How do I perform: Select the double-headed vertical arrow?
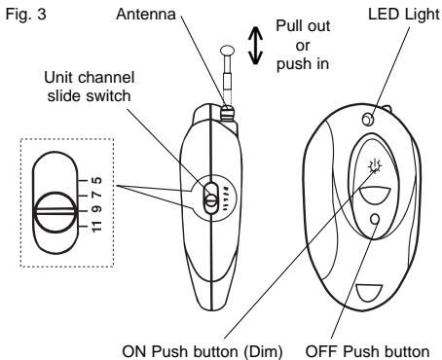point(256,47)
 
